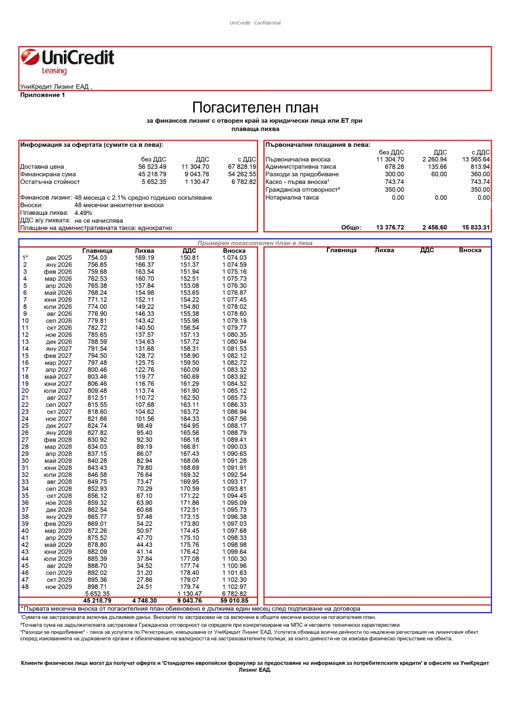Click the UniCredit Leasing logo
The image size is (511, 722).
click(x=67, y=61)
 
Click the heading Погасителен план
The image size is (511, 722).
click(x=255, y=108)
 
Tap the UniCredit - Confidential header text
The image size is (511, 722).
click(x=255, y=23)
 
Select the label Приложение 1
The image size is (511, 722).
click(x=42, y=95)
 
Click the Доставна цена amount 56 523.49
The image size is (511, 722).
click(x=152, y=167)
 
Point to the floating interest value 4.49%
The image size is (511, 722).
click(x=83, y=213)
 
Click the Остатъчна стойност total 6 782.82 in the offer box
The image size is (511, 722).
click(x=243, y=182)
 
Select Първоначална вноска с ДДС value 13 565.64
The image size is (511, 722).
click(x=476, y=159)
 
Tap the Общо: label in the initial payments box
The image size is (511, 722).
click(x=351, y=228)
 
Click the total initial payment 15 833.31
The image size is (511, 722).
click(x=476, y=228)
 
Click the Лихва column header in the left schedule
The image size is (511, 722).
click(x=144, y=251)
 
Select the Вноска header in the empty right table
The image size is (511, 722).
click(x=470, y=250)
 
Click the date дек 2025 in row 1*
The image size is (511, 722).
click(x=59, y=258)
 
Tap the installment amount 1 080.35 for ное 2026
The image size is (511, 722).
click(x=234, y=335)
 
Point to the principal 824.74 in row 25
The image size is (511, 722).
click(x=97, y=426)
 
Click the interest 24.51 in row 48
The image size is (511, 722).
click(x=144, y=587)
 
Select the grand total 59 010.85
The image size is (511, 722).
click(x=234, y=601)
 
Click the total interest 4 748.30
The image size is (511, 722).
click(x=144, y=601)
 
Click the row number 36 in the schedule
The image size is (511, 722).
click(x=25, y=503)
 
